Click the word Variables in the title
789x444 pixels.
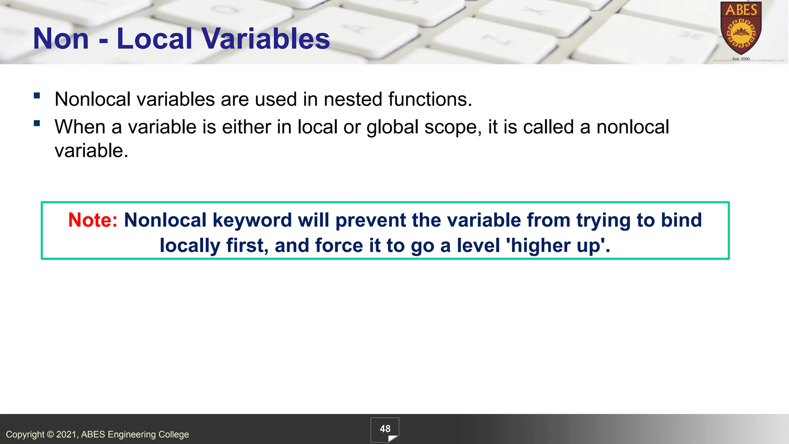point(265,39)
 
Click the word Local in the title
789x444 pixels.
point(154,39)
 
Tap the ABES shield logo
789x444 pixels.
point(741,29)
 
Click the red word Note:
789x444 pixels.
point(93,220)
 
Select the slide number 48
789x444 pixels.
point(385,429)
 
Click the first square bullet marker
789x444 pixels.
point(37,96)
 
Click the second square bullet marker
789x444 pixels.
point(37,123)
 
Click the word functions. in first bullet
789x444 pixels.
point(430,99)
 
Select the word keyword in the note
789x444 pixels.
point(252,220)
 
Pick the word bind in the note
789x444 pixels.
point(681,220)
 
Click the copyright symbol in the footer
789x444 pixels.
point(50,435)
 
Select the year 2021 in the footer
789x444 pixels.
point(67,435)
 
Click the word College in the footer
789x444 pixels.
point(174,435)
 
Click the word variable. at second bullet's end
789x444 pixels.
point(91,151)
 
